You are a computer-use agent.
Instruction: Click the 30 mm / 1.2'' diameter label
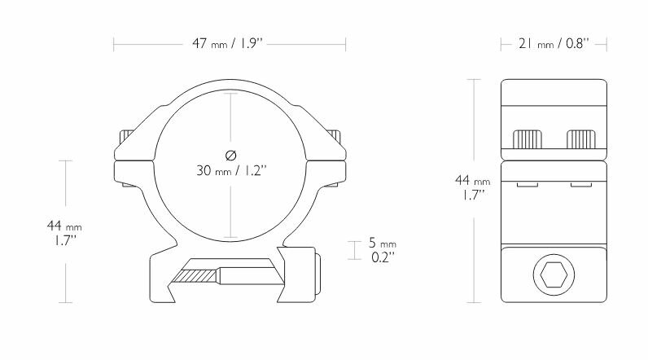pos(230,171)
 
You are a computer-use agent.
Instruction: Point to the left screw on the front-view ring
pos(125,136)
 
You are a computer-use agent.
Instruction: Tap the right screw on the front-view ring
pos(335,136)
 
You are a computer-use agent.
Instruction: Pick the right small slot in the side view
pos(580,185)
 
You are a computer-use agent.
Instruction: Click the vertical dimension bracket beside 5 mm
pos(352,250)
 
